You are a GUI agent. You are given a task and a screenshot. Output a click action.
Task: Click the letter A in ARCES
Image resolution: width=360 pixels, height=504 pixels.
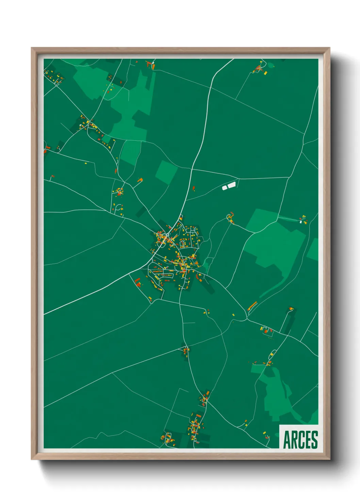click(287, 440)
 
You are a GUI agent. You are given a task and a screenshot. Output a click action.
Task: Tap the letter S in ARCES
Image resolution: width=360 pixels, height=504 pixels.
click(314, 440)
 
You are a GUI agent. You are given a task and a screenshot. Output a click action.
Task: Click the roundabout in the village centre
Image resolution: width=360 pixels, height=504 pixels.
click(167, 235)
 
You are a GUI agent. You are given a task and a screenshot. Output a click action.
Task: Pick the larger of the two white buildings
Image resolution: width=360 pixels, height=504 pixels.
click(231, 185)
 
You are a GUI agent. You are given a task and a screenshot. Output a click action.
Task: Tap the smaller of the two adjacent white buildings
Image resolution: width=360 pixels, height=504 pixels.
click(225, 187)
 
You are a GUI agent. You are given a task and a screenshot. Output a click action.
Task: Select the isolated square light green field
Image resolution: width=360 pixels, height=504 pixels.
click(166, 172)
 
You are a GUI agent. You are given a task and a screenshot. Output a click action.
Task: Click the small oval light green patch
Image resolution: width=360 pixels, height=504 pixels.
click(271, 65)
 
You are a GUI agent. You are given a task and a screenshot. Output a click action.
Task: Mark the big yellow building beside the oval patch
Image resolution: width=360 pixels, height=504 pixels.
click(265, 73)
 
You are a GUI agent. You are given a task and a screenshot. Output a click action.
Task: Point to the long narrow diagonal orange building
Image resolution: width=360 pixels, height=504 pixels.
click(252, 305)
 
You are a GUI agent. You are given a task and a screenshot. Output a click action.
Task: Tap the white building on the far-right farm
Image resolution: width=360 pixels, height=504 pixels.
click(301, 222)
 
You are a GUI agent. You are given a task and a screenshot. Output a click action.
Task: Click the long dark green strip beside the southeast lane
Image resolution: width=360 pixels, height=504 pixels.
click(289, 321)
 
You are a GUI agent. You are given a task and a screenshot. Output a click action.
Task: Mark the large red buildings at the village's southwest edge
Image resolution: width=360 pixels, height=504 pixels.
click(138, 282)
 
